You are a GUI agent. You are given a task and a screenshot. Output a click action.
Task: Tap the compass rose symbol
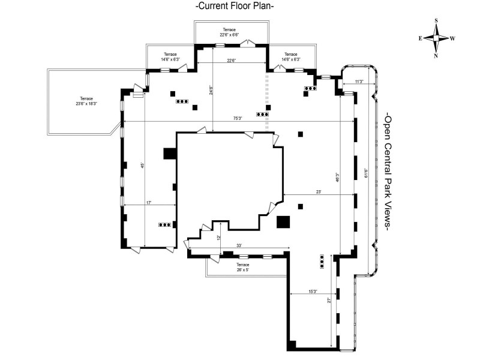436,38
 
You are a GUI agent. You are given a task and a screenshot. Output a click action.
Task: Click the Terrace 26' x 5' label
242,267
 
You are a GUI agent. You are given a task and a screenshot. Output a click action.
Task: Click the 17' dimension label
148,203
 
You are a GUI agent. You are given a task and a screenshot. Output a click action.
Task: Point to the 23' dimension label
319,192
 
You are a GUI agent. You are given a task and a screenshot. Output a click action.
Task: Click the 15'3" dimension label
313,292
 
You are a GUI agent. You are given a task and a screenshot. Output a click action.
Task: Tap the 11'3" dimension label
359,82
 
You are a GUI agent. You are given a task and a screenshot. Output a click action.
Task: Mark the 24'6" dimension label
211,91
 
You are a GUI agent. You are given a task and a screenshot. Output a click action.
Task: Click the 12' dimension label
220,236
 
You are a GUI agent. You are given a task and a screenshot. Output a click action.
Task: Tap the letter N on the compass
436,56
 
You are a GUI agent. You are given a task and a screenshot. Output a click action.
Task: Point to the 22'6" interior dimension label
231,59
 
